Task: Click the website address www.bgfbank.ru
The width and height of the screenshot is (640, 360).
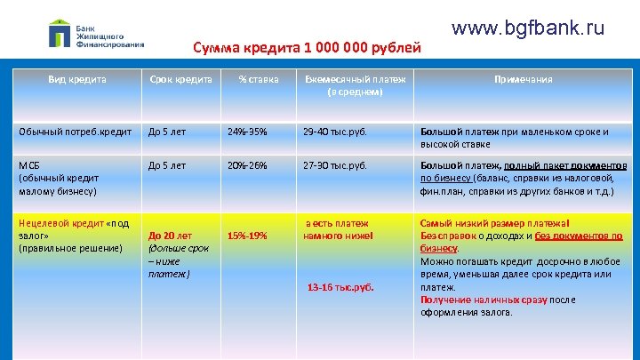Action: pos(528,28)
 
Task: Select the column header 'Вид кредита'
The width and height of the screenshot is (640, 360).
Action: pos(77,79)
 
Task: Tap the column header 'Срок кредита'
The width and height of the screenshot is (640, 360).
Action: pos(180,79)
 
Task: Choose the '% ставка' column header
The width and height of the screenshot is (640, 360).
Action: pos(259,79)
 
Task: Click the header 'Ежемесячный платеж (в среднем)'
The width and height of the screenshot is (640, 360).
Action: pos(355,84)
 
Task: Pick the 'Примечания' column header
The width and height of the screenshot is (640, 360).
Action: pos(524,79)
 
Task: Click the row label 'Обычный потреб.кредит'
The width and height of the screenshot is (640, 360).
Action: pos(71,132)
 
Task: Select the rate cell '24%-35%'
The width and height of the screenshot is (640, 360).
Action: pos(247,132)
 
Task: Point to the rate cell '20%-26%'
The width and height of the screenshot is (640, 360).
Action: pos(247,165)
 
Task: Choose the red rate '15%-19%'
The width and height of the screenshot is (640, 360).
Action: pos(248,236)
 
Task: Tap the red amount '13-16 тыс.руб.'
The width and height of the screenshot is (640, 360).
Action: pos(340,288)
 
